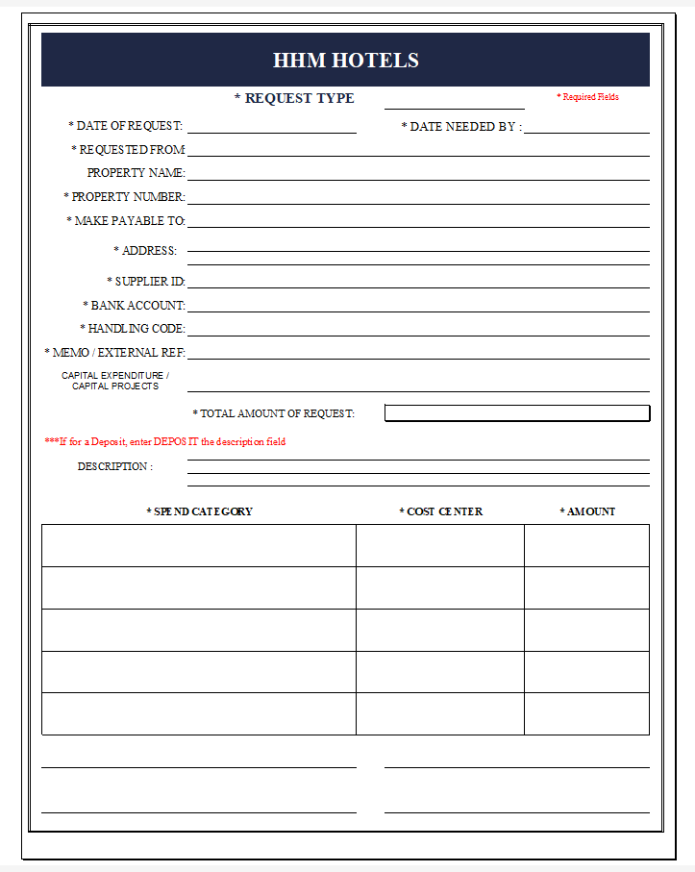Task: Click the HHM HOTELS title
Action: [346, 60]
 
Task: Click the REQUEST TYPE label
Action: [294, 98]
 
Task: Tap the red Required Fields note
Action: [587, 97]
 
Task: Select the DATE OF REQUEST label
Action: [126, 126]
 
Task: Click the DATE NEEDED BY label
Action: [461, 127]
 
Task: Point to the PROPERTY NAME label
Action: [136, 173]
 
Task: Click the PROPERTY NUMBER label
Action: [124, 197]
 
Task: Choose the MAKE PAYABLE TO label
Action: [126, 221]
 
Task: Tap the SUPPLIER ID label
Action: [146, 282]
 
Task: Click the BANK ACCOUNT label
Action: [134, 306]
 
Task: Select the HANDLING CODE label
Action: [133, 329]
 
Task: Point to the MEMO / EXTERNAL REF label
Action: [115, 353]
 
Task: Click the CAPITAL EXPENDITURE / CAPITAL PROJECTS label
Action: [115, 381]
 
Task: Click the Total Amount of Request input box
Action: [517, 413]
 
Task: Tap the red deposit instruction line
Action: [165, 442]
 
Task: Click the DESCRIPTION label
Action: [114, 466]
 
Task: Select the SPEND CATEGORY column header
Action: [199, 511]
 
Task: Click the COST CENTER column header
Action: [440, 511]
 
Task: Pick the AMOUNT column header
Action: [587, 511]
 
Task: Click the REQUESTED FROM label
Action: [128, 150]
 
